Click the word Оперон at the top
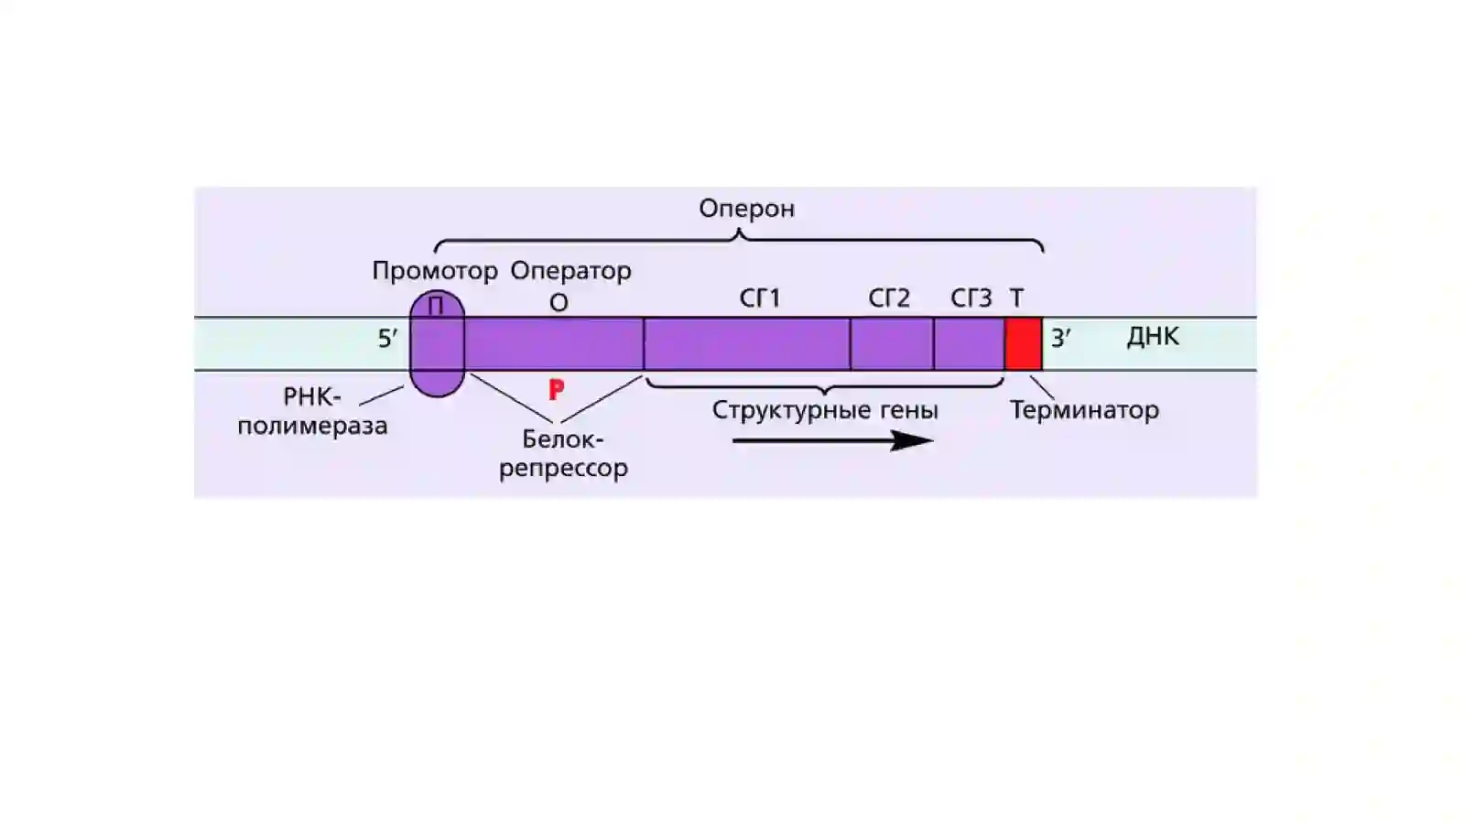click(747, 209)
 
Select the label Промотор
click(435, 271)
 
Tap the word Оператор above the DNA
click(571, 271)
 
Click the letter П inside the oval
click(436, 306)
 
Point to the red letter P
click(556, 390)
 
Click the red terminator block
click(1024, 344)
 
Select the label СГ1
click(760, 298)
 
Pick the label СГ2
click(889, 298)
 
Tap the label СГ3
click(971, 298)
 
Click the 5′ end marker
click(387, 339)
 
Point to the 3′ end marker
click(1061, 338)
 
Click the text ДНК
click(1153, 337)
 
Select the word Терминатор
click(1085, 410)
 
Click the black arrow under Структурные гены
click(833, 441)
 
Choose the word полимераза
click(312, 427)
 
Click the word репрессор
click(564, 469)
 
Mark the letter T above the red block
click(1016, 298)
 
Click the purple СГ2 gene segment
click(892, 344)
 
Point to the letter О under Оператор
click(559, 303)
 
